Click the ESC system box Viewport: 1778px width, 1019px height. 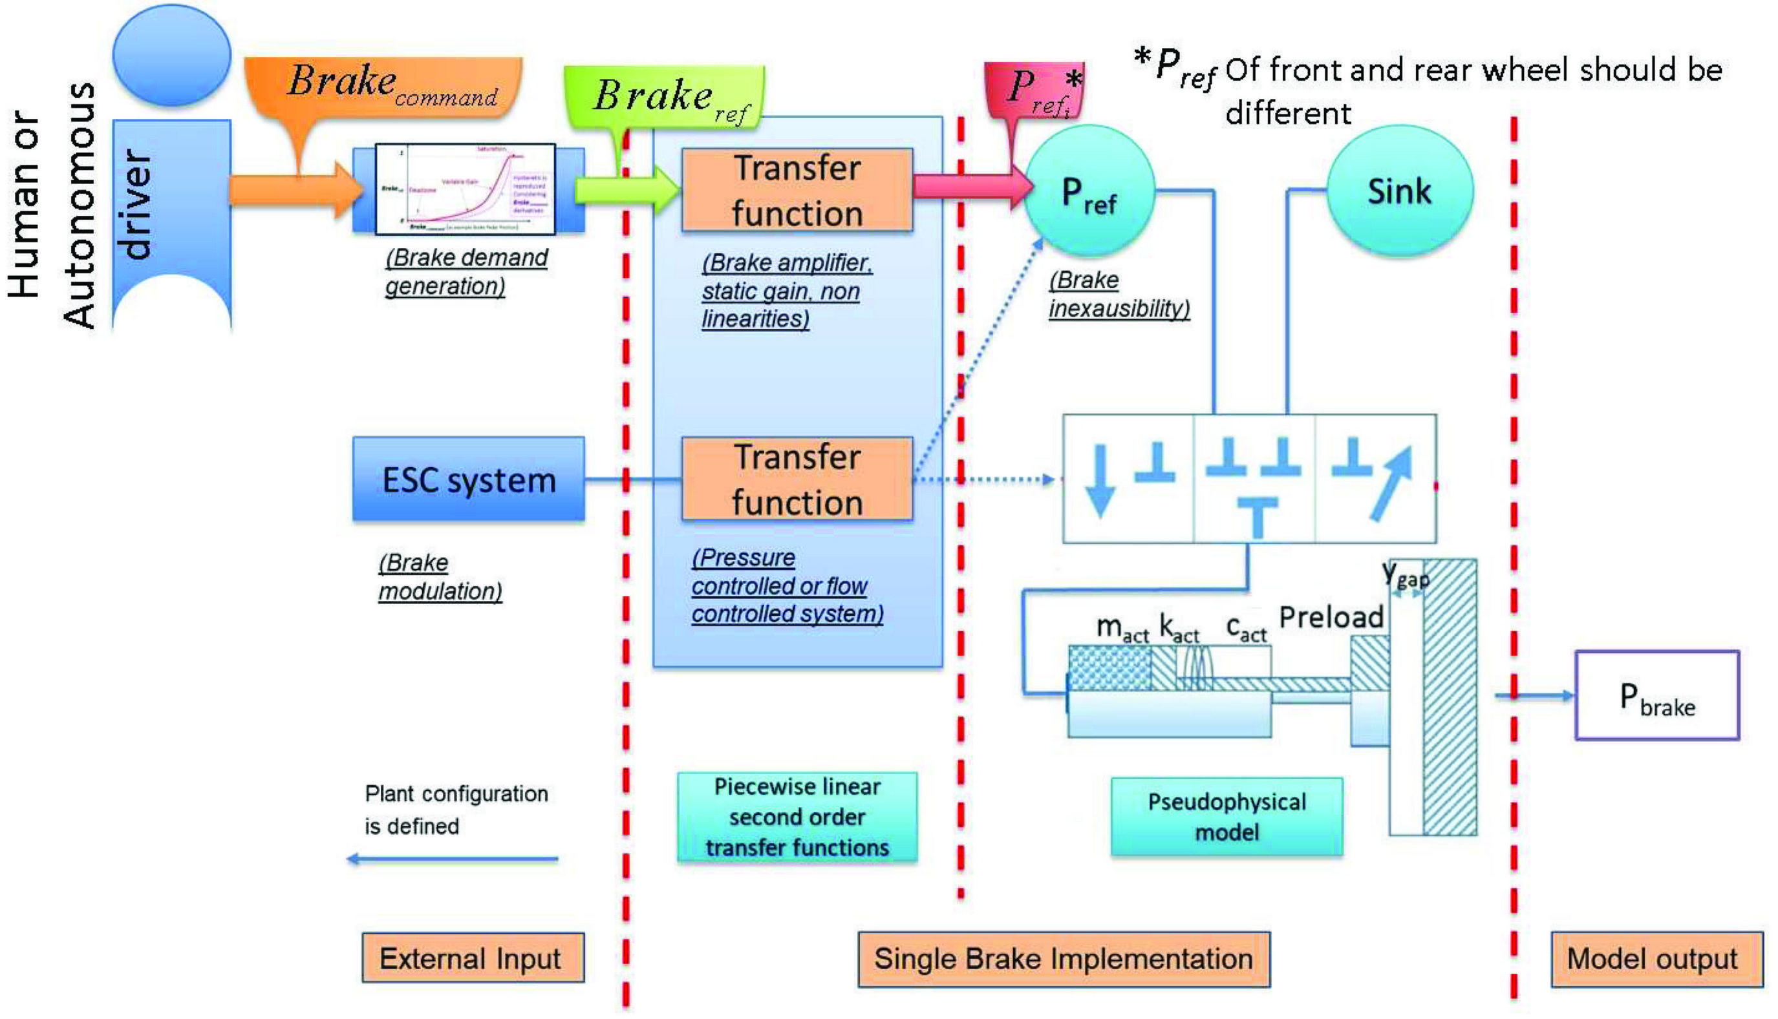(469, 479)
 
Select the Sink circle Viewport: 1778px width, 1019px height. (1399, 191)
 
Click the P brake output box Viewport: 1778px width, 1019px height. (1657, 695)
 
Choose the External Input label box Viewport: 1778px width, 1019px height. (473, 958)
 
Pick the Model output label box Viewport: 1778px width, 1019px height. (1656, 959)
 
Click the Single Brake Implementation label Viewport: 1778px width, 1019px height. (1064, 959)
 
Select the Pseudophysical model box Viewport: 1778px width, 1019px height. (1227, 816)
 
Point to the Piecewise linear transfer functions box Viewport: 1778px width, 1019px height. (797, 817)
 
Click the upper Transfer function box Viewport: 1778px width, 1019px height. (797, 190)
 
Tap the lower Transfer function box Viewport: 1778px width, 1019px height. (797, 479)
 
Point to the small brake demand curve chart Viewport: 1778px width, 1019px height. (465, 189)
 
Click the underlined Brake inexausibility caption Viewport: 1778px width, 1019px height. (1119, 295)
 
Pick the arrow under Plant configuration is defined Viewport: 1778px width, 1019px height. (453, 858)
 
